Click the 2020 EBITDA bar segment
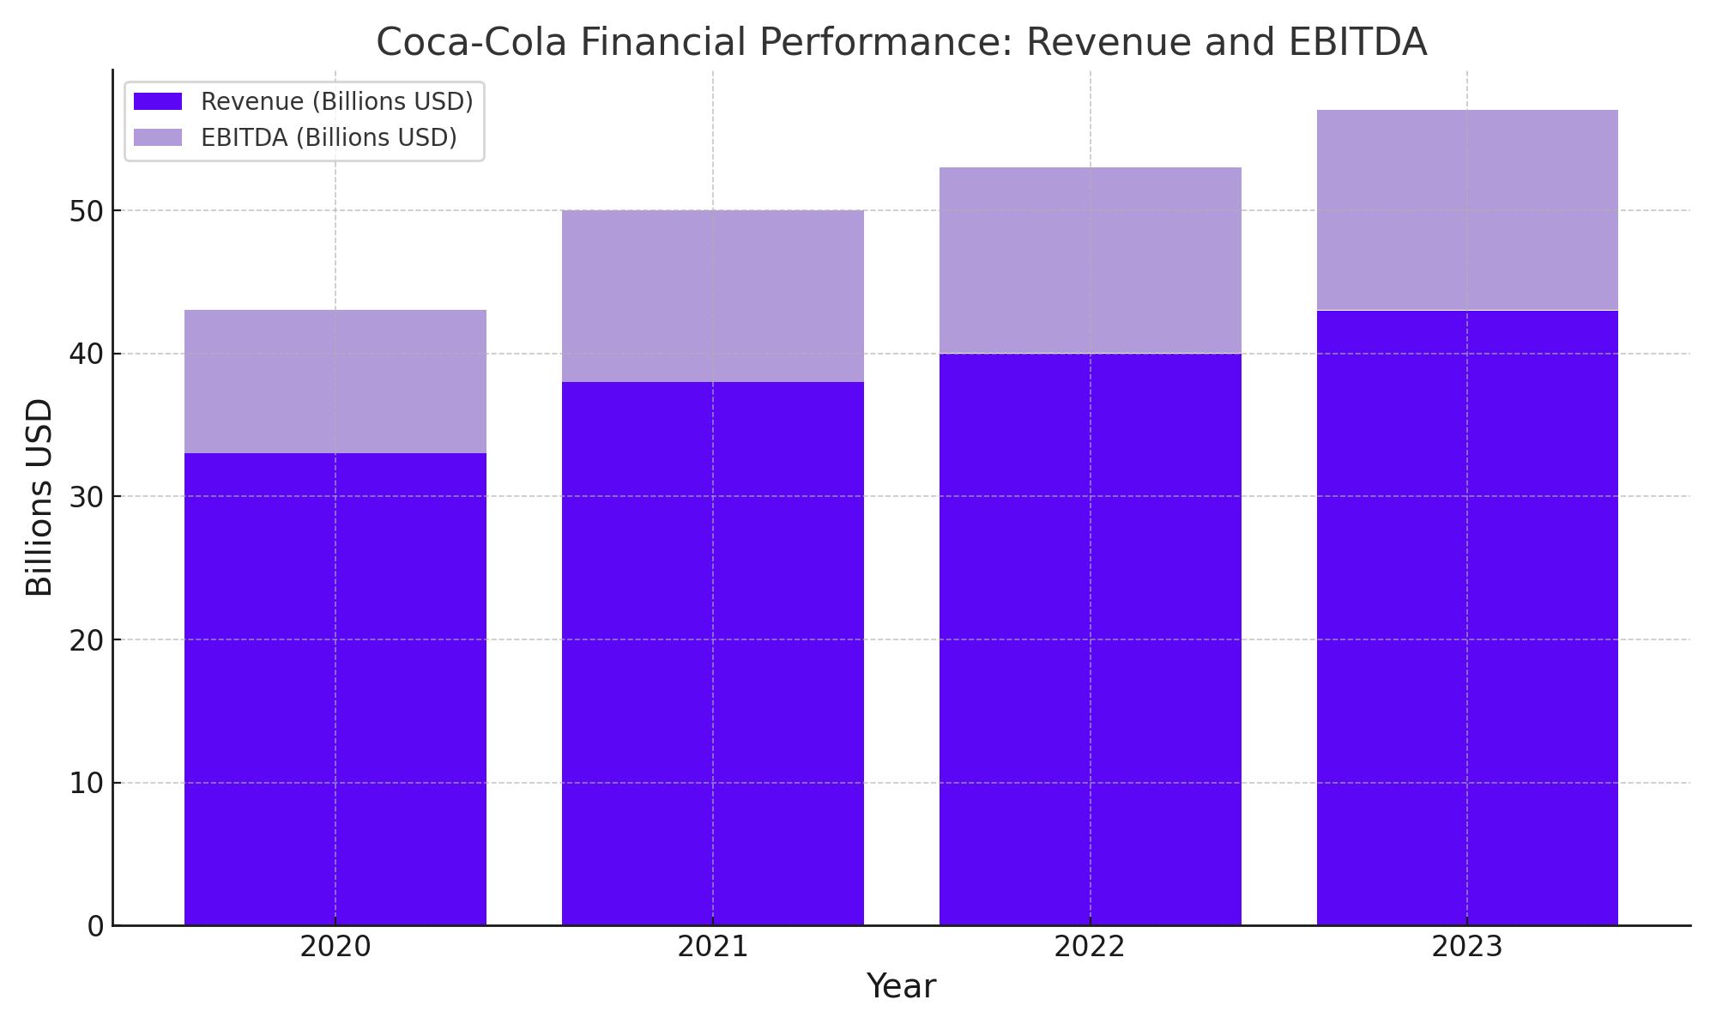(335, 381)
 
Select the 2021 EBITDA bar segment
(713, 296)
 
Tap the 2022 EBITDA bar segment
(1091, 260)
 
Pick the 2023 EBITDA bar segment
(1467, 210)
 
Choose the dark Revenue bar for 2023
(1467, 618)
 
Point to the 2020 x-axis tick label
(335, 948)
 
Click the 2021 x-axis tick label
(713, 948)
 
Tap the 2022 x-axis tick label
(1091, 948)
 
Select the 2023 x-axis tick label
(1467, 948)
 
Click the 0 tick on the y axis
(95, 926)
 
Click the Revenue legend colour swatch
(158, 101)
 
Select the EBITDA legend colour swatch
(158, 137)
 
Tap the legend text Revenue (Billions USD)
(337, 101)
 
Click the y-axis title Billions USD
(39, 497)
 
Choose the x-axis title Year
(901, 986)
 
